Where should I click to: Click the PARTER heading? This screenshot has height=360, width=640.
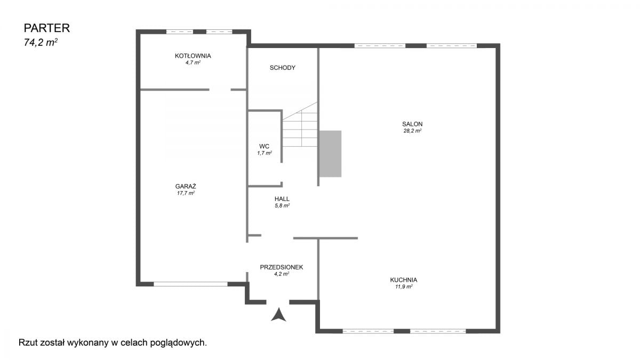(47, 28)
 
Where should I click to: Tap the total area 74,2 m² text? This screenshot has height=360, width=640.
(41, 43)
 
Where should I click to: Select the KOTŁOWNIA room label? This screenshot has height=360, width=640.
(193, 55)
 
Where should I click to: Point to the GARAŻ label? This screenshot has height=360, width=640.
(186, 186)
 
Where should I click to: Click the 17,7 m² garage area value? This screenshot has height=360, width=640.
(186, 193)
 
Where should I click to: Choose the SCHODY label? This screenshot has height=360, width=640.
(283, 68)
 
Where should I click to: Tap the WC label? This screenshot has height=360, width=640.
(265, 146)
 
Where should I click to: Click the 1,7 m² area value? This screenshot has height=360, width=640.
(265, 153)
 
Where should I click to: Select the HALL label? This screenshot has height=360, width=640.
(282, 199)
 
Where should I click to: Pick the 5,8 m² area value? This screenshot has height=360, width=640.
(282, 206)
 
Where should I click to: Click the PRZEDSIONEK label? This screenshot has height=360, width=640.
(282, 267)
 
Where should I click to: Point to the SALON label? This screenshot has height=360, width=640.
(412, 124)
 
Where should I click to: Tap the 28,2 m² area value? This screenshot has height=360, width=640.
(412, 131)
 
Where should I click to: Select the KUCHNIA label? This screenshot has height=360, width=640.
(404, 280)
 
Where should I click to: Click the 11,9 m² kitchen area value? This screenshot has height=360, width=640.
(404, 287)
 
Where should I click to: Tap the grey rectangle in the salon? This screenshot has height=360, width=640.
(330, 154)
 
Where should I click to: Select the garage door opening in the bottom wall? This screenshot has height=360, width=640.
(190, 284)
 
